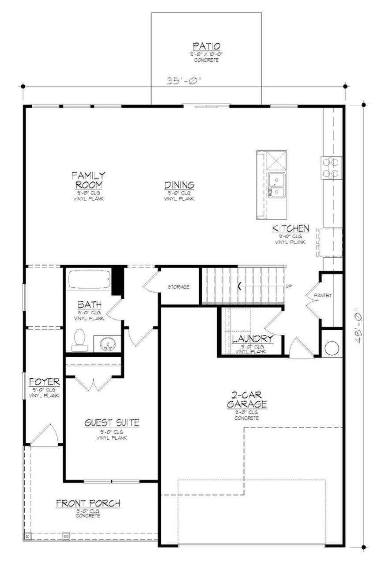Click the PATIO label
pyautogui.click(x=206, y=46)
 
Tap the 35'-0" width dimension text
pyautogui.click(x=184, y=81)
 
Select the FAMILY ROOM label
pyautogui.click(x=89, y=180)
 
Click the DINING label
pyautogui.click(x=180, y=185)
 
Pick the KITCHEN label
pyautogui.click(x=290, y=228)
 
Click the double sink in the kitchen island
pyautogui.click(x=277, y=186)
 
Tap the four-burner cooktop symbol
pyautogui.click(x=332, y=167)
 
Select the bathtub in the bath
pyautogui.click(x=90, y=280)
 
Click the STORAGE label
pyautogui.click(x=178, y=287)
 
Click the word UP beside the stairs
pyautogui.click(x=289, y=286)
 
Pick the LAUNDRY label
pyautogui.click(x=253, y=339)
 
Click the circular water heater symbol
pyautogui.click(x=332, y=348)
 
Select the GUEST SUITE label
pyautogui.click(x=112, y=423)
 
